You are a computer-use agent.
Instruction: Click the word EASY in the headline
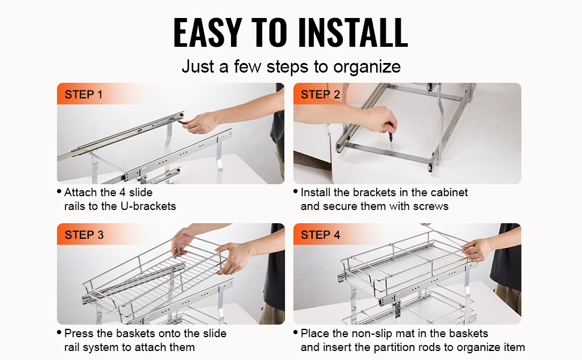click(208, 32)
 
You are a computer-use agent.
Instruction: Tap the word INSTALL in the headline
click(353, 32)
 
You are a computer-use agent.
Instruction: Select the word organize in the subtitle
click(367, 67)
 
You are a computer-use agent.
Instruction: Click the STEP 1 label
click(83, 95)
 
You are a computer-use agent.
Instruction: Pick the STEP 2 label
click(320, 95)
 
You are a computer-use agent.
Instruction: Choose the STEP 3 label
click(84, 235)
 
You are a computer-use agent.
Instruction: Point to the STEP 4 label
click(320, 235)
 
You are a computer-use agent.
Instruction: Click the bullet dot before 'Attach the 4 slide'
click(59, 191)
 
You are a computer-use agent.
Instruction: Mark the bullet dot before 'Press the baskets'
click(59, 332)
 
